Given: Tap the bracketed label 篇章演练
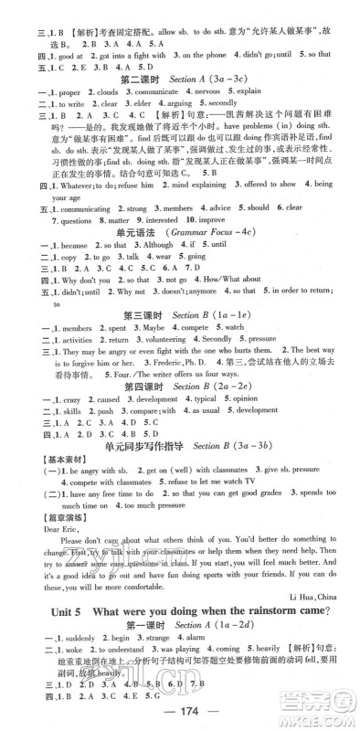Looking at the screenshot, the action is pos(37,503).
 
